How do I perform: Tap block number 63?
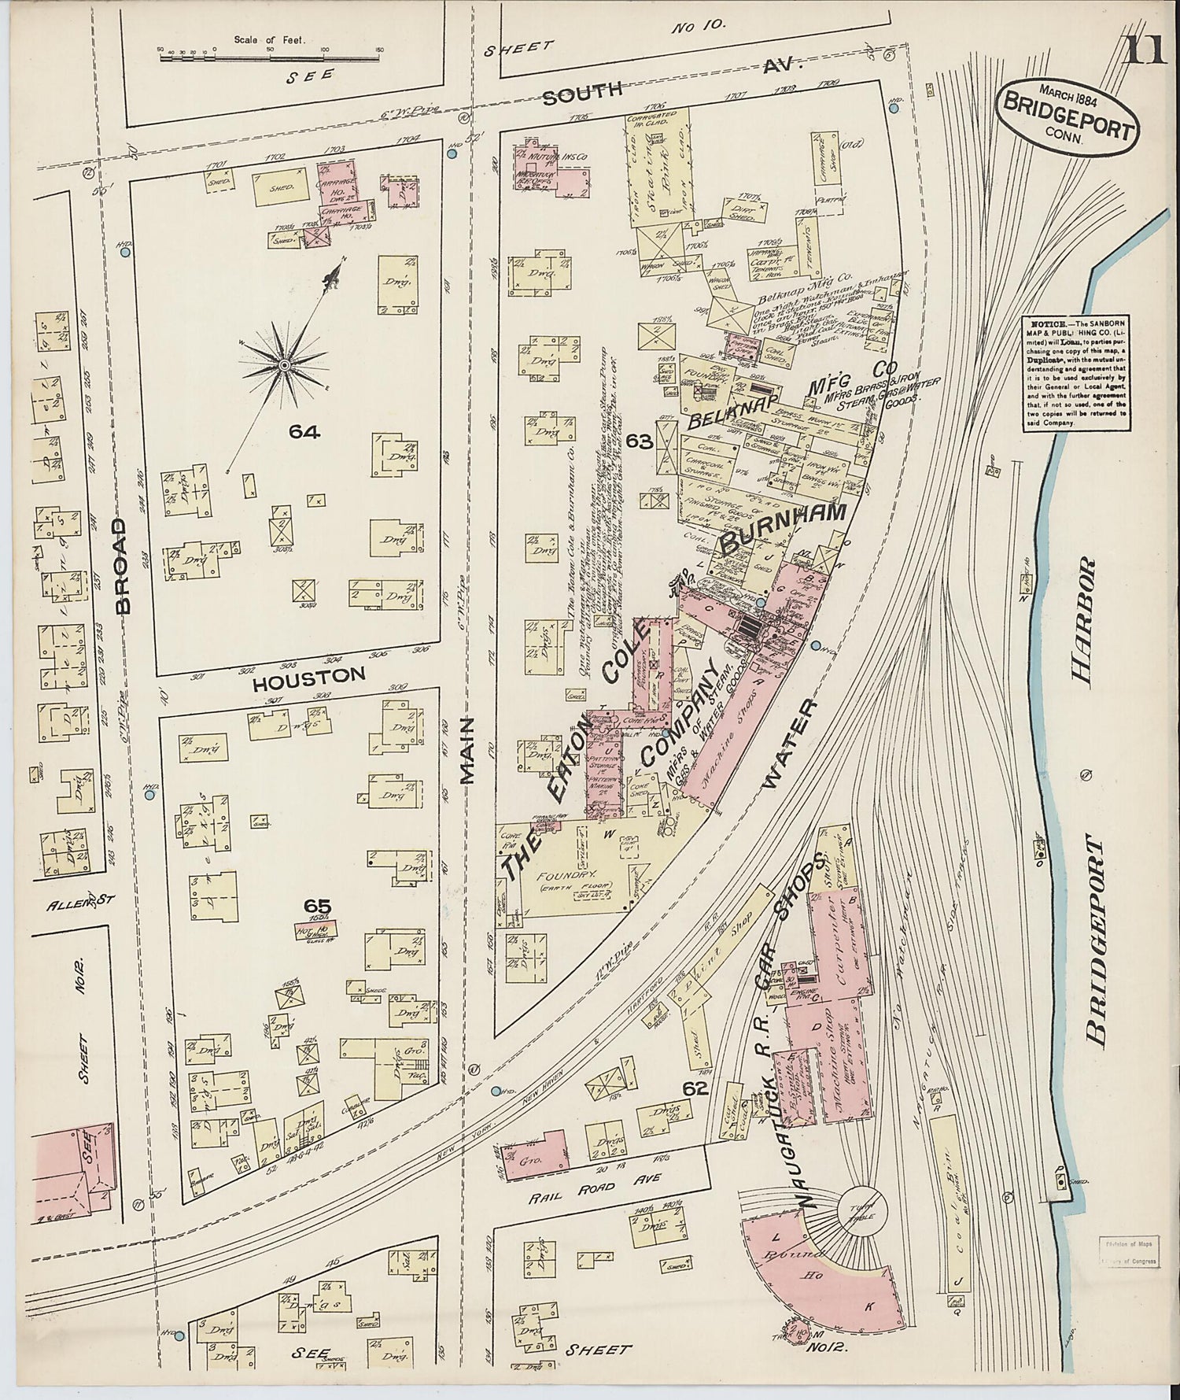(x=640, y=441)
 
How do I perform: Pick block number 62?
(x=696, y=1089)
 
